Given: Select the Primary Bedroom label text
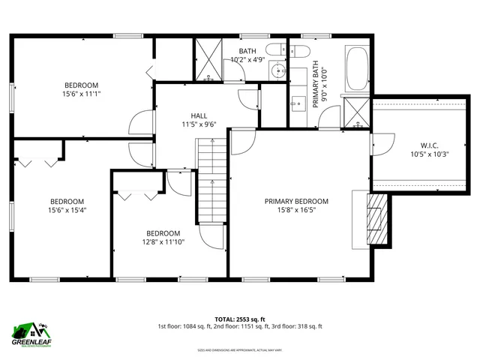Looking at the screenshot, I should coord(296,201).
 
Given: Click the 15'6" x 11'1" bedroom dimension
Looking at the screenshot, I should coord(81,94).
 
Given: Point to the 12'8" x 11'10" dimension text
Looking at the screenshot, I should coord(163,241).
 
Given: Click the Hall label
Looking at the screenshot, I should coord(199,115).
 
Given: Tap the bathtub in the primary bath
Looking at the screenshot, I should coord(355,69).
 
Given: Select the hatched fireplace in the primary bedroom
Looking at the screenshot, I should coord(378,221).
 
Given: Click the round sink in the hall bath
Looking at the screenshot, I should coord(278,72).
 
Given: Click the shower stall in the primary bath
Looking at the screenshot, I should coord(355,112).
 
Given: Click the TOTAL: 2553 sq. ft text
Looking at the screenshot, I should coord(240,318).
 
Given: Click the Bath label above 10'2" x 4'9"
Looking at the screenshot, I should coord(247,50).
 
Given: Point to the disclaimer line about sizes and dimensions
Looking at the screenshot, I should coord(240,349).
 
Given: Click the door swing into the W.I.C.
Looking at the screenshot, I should coord(383,143).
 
